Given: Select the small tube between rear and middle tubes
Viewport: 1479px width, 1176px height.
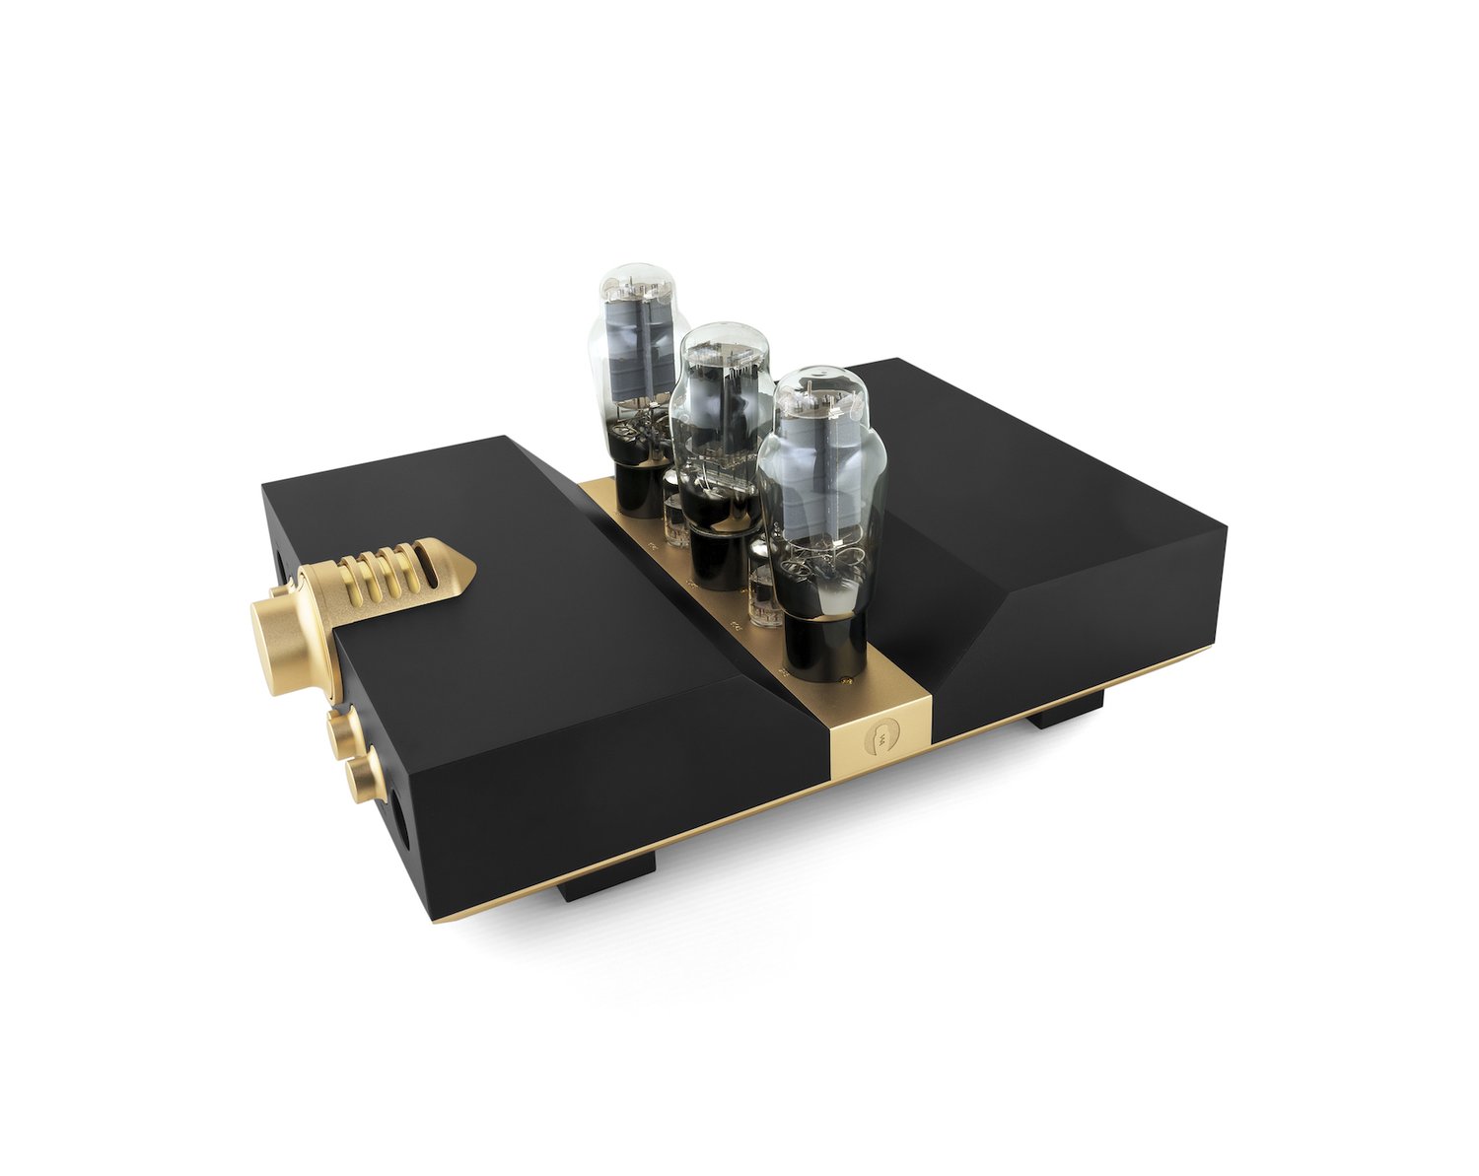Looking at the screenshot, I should pos(676,513).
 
